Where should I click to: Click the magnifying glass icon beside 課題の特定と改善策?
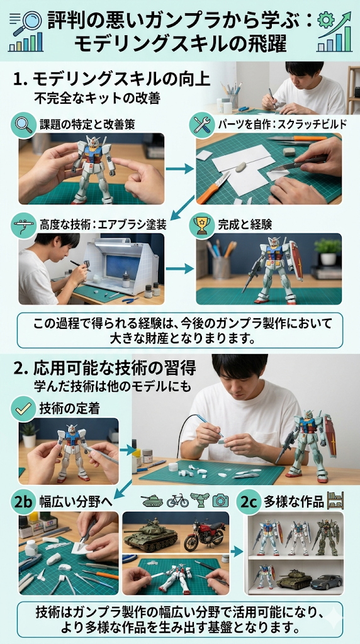coord(25,123)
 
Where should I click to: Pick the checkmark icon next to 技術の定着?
coord(23,409)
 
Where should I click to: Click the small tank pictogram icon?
coord(152,501)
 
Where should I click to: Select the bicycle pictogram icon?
coord(177,501)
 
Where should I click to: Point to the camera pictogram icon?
coord(220,500)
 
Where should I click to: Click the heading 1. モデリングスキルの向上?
coord(111,79)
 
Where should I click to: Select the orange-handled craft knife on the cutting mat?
coord(213,187)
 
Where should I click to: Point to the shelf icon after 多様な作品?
coord(335,500)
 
